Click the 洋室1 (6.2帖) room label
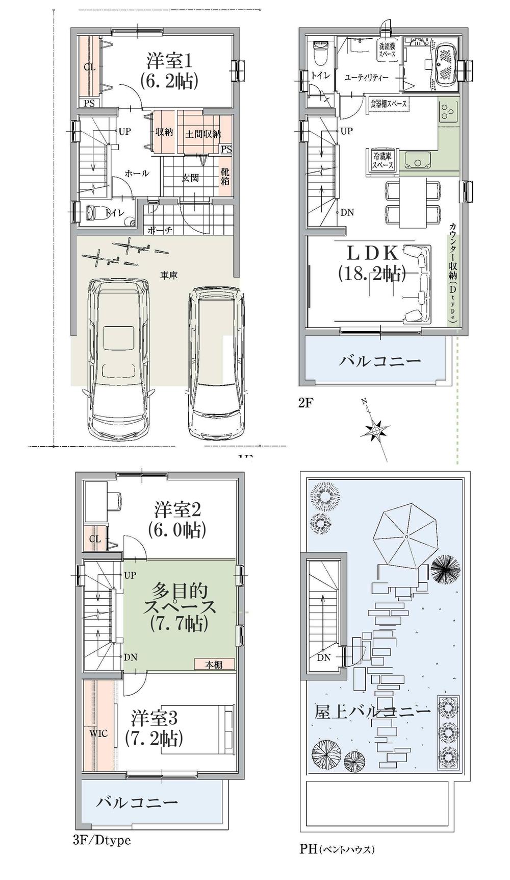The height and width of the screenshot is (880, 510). pyautogui.click(x=170, y=71)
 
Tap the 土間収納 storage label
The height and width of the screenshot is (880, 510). pyautogui.click(x=202, y=133)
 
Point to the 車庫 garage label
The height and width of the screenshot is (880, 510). pyautogui.click(x=169, y=275)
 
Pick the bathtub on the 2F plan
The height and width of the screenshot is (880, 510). pyautogui.click(x=446, y=65)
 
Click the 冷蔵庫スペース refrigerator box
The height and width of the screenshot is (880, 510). pyautogui.click(x=382, y=161)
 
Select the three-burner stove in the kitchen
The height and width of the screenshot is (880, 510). pyautogui.click(x=449, y=112)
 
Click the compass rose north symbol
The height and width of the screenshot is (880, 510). pyautogui.click(x=375, y=430)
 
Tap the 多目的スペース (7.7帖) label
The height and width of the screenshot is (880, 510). pyautogui.click(x=180, y=607)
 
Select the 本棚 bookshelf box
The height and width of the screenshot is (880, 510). pyautogui.click(x=214, y=664)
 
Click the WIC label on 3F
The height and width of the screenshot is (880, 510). pyautogui.click(x=98, y=734)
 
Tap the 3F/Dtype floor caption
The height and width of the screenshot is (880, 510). pyautogui.click(x=102, y=840)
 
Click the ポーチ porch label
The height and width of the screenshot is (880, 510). pyautogui.click(x=160, y=230)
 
